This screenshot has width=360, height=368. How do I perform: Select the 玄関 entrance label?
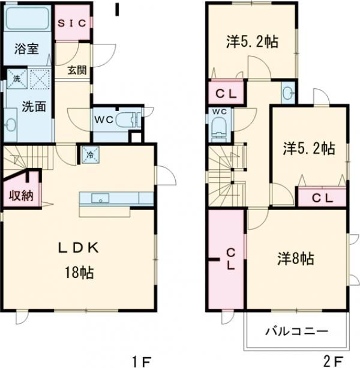point(77,70)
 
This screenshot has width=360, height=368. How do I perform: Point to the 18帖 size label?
point(79,272)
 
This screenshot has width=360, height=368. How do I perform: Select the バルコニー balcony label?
point(296,331)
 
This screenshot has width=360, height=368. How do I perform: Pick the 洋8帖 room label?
point(295,259)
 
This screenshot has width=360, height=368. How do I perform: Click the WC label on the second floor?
point(219,112)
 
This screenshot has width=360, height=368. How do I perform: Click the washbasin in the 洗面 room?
point(11,125)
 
